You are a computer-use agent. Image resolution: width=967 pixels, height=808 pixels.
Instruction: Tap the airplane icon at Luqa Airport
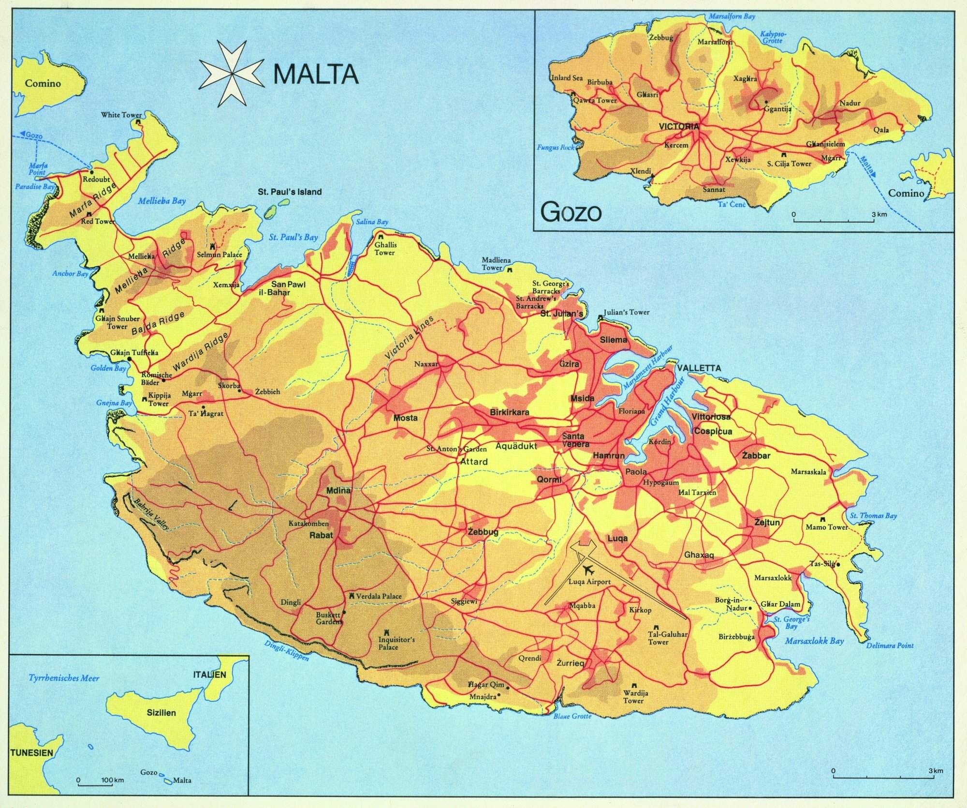coord(588,568)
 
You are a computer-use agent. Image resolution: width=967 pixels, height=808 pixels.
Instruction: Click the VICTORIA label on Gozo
coord(679,126)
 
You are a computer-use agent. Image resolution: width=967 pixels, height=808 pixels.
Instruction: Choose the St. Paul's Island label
coord(290,192)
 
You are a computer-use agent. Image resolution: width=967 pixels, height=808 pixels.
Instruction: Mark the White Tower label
coord(121,115)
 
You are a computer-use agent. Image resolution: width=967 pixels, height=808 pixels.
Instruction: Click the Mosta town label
coord(405,418)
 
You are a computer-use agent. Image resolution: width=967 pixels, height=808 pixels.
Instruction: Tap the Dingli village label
coord(291,602)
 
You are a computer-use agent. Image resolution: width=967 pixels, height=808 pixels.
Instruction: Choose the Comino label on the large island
coord(43,83)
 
